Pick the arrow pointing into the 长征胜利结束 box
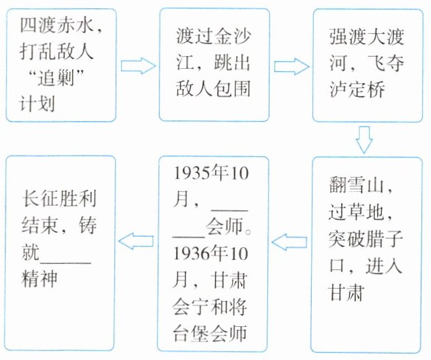[x=136, y=241]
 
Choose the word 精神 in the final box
[x=38, y=280]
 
